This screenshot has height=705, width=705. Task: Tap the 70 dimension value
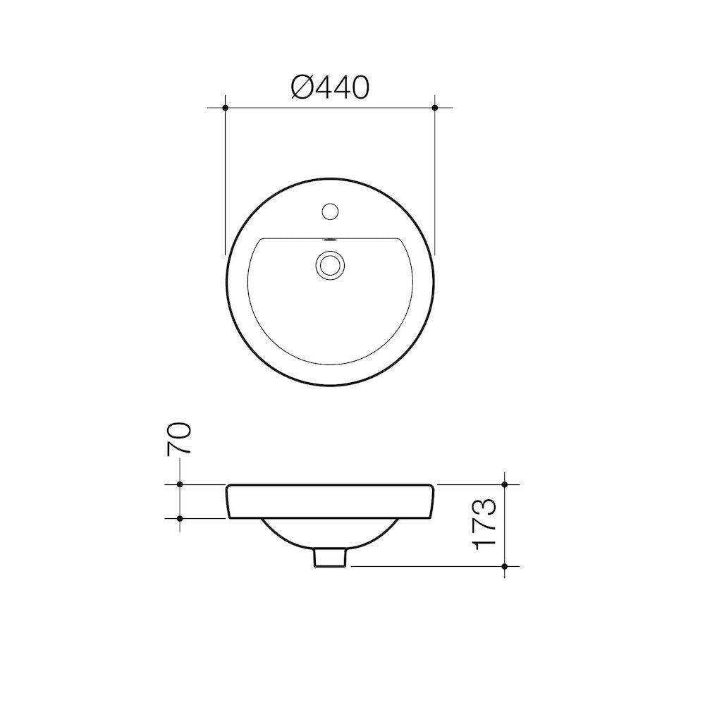[179, 439]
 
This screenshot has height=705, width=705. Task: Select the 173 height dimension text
[484, 524]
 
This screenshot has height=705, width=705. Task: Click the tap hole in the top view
[331, 211]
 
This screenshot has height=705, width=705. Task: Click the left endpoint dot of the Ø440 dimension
[226, 108]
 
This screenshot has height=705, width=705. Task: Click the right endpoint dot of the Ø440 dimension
[434, 108]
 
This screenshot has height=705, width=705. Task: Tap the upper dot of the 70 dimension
[180, 484]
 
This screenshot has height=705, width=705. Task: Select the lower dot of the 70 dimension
[180, 518]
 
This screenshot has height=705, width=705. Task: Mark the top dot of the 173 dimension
[505, 484]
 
